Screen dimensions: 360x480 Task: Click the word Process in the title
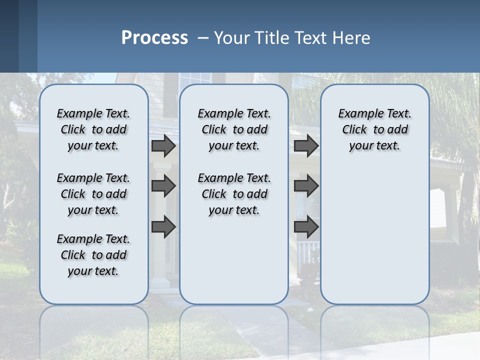(154, 38)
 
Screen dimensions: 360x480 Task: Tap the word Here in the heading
(351, 38)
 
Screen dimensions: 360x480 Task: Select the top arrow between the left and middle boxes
(163, 146)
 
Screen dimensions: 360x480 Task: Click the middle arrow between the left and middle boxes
(163, 186)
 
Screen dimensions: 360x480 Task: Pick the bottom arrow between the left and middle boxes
(163, 227)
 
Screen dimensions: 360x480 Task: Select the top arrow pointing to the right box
(306, 146)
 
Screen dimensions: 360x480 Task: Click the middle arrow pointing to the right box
(306, 186)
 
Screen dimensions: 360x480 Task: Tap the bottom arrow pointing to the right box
(306, 227)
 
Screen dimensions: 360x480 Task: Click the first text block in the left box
(93, 129)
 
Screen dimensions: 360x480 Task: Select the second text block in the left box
(93, 194)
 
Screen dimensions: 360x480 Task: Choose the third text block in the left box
(93, 255)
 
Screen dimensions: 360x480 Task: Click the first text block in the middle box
(234, 129)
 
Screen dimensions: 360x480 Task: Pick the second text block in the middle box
(234, 194)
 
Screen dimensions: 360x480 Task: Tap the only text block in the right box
(374, 129)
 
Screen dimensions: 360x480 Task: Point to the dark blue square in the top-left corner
(9, 36)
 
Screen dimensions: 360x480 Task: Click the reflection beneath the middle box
(234, 330)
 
